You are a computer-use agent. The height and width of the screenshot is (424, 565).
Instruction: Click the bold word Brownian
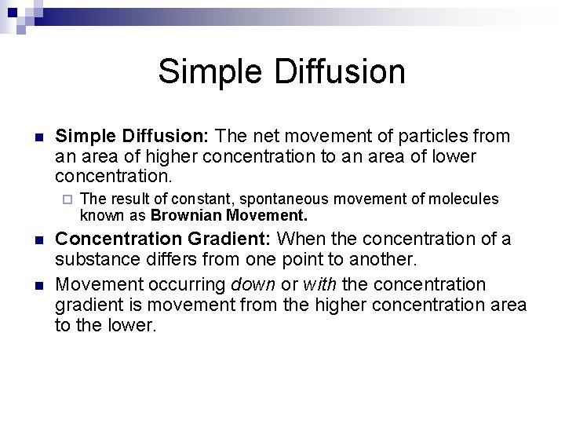click(x=184, y=214)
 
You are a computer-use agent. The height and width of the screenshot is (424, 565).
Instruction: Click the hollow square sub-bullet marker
click(x=67, y=199)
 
